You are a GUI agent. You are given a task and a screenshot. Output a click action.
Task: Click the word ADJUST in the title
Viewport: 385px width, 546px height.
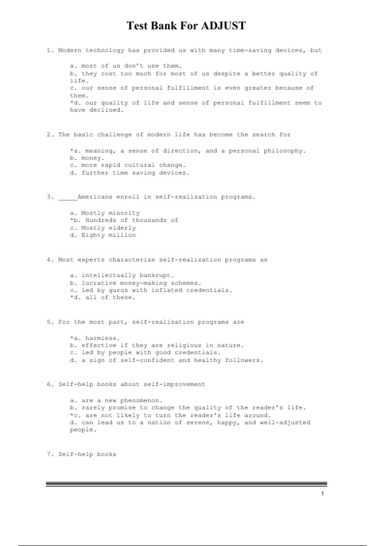223,26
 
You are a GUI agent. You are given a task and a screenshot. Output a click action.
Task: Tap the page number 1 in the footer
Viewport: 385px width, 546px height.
322,494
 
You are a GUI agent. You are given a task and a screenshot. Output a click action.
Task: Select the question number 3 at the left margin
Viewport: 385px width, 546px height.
49,197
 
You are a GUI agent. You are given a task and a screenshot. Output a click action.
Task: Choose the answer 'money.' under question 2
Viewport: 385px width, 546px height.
93,158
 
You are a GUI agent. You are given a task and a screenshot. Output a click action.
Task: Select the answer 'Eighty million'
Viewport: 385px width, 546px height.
108,235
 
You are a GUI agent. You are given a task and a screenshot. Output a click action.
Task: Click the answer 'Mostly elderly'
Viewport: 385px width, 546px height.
108,228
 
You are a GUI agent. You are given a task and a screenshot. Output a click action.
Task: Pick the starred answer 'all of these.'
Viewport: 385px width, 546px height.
110,297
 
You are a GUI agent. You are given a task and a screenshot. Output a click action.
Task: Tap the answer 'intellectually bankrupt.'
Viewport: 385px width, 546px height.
127,275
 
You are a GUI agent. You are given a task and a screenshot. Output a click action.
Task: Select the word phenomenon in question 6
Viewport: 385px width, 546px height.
141,401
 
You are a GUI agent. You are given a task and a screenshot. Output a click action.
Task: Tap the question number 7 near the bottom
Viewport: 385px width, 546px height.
49,454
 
